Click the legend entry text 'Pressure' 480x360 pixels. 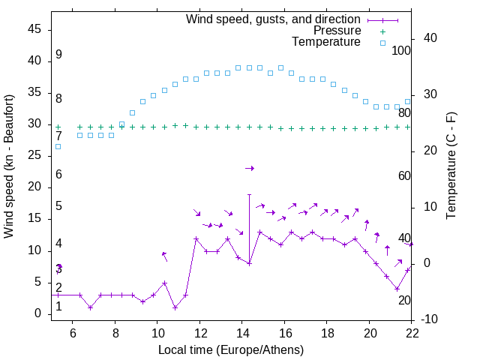tap(337, 31)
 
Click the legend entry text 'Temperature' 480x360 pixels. tap(326, 42)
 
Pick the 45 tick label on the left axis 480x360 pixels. tap(34, 29)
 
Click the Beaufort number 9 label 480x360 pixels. tap(58, 55)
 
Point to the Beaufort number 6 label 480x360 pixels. tap(58, 175)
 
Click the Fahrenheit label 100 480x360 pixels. tap(402, 51)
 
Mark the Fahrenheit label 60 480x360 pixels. tap(405, 176)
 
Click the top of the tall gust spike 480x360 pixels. tap(249, 194)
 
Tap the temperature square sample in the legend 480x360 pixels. tap(382, 43)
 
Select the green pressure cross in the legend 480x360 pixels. tap(382, 31)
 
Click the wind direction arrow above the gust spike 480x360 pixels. tap(250, 168)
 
